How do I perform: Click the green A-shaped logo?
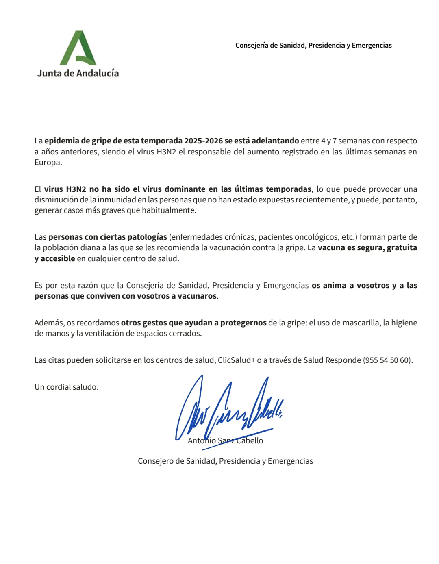tap(78, 48)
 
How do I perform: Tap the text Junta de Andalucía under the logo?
tap(78, 73)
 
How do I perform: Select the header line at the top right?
tap(313, 45)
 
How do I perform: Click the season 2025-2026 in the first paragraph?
tap(203, 141)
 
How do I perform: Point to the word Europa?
tap(48, 162)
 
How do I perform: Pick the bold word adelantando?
tap(275, 141)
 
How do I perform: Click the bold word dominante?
tap(185, 189)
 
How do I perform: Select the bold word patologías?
tap(147, 237)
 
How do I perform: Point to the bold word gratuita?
tap(402, 247)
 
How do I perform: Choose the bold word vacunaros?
tap(197, 296)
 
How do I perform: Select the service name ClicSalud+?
tap(236, 360)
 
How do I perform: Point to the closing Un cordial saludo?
tap(66, 387)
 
